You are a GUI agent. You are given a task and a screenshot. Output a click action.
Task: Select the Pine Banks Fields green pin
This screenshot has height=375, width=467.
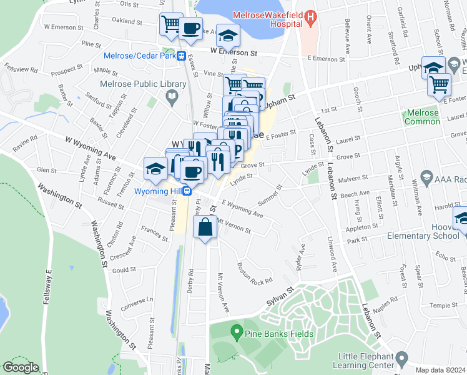tap(236, 329)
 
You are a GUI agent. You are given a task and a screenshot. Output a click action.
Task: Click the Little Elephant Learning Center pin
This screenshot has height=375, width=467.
tap(402, 359)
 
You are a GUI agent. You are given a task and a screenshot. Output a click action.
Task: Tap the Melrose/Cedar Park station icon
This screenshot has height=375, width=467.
tap(180, 55)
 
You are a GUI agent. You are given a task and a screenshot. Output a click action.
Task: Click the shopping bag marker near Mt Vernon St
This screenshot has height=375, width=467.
tap(205, 227)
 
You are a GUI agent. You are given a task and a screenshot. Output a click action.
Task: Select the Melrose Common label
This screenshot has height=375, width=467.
tap(423, 117)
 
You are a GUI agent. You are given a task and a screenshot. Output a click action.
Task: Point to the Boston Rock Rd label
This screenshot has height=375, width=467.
tap(255, 272)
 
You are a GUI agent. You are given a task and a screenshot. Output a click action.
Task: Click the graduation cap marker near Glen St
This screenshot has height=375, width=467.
tap(155, 167)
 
